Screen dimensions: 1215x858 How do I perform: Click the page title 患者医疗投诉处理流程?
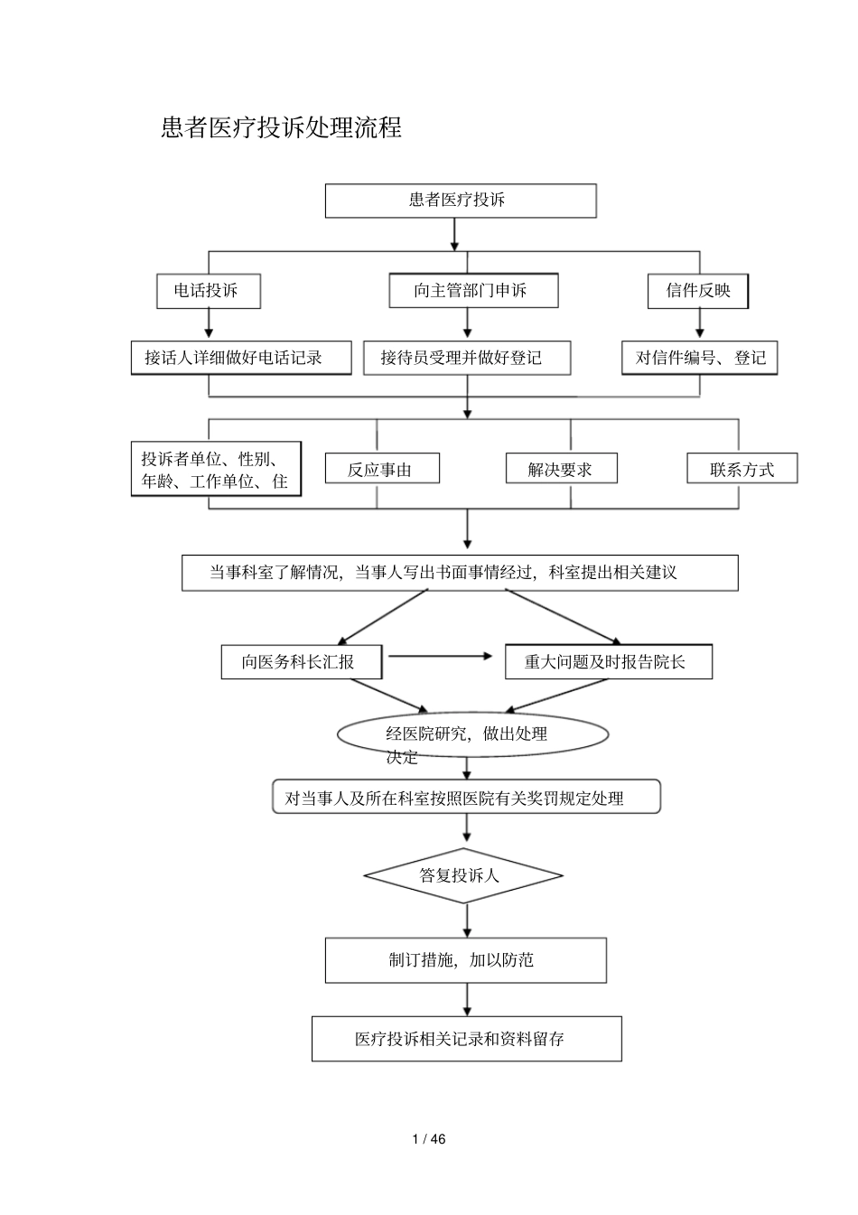tap(281, 128)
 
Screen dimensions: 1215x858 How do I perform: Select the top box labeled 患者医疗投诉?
tap(460, 201)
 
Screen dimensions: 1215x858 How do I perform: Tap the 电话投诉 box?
tap(209, 291)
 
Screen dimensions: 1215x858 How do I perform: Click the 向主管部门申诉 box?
tap(472, 291)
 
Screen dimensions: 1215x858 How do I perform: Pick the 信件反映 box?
tap(698, 291)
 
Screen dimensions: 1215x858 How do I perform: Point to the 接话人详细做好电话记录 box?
tap(240, 358)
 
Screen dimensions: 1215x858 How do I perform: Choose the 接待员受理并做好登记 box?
tap(466, 358)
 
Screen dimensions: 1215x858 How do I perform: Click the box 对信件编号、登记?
tap(700, 358)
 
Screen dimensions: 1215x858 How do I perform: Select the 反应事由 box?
tap(381, 469)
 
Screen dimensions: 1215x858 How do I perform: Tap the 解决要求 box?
tap(560, 469)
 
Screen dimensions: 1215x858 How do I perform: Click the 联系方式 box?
tap(741, 469)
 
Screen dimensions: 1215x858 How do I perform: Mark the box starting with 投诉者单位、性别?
tap(216, 470)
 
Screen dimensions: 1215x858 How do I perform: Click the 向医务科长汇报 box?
tap(301, 662)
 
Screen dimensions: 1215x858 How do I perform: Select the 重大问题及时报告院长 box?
tap(608, 662)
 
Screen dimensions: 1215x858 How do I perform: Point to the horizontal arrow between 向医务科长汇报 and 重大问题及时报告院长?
tap(441, 657)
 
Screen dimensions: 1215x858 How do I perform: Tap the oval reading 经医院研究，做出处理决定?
tap(471, 735)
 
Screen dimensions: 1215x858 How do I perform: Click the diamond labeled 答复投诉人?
tap(463, 875)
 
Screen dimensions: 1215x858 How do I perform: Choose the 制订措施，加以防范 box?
tap(465, 960)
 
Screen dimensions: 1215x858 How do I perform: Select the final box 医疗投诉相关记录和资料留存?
tap(466, 1039)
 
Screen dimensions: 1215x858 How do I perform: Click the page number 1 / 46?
tap(429, 1139)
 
